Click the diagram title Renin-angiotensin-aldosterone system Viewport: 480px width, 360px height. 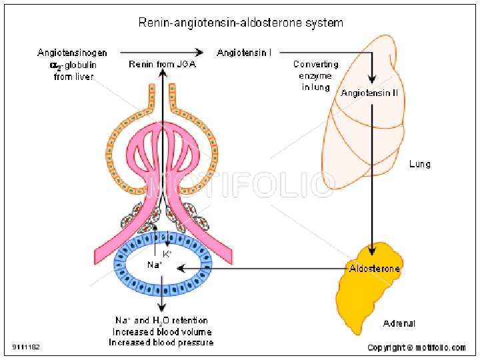(x=241, y=23)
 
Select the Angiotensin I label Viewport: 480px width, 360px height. (x=244, y=52)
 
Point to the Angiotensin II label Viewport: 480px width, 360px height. (x=369, y=93)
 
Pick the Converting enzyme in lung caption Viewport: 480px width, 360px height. (x=316, y=76)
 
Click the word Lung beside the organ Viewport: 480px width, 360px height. (x=419, y=164)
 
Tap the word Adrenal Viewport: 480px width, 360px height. (x=399, y=324)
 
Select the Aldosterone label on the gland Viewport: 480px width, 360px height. (x=375, y=269)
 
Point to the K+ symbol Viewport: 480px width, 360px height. (x=167, y=254)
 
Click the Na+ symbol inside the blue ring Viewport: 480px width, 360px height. (x=154, y=265)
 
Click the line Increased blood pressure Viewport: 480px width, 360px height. (x=161, y=343)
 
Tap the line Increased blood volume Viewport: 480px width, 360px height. (x=161, y=332)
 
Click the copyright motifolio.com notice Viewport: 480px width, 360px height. (x=417, y=347)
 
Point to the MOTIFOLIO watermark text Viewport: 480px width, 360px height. (x=240, y=186)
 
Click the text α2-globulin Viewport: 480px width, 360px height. (x=73, y=65)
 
